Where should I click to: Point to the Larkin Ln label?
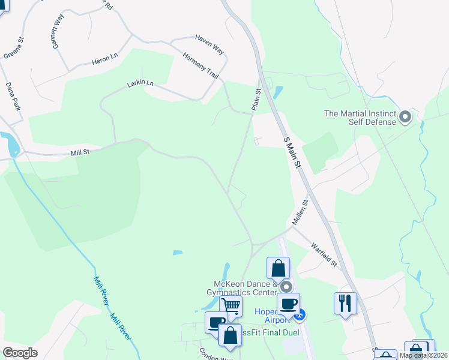pyautogui.click(x=140, y=83)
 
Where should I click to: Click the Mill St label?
pyautogui.click(x=80, y=153)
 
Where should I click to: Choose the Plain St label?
pyautogui.click(x=256, y=99)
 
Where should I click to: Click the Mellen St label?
pyautogui.click(x=300, y=212)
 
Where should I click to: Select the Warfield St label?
pyautogui.click(x=324, y=254)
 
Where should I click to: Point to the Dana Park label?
pyautogui.click(x=13, y=97)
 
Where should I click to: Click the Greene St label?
pyautogui.click(x=13, y=49)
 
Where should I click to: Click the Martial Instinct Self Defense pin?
pyautogui.click(x=405, y=117)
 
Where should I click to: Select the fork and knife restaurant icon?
pyautogui.click(x=345, y=302)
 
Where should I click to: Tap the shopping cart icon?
pyautogui.click(x=231, y=306)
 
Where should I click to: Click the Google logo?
pyautogui.click(x=20, y=352)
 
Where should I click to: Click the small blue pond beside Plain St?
pyautogui.click(x=278, y=92)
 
